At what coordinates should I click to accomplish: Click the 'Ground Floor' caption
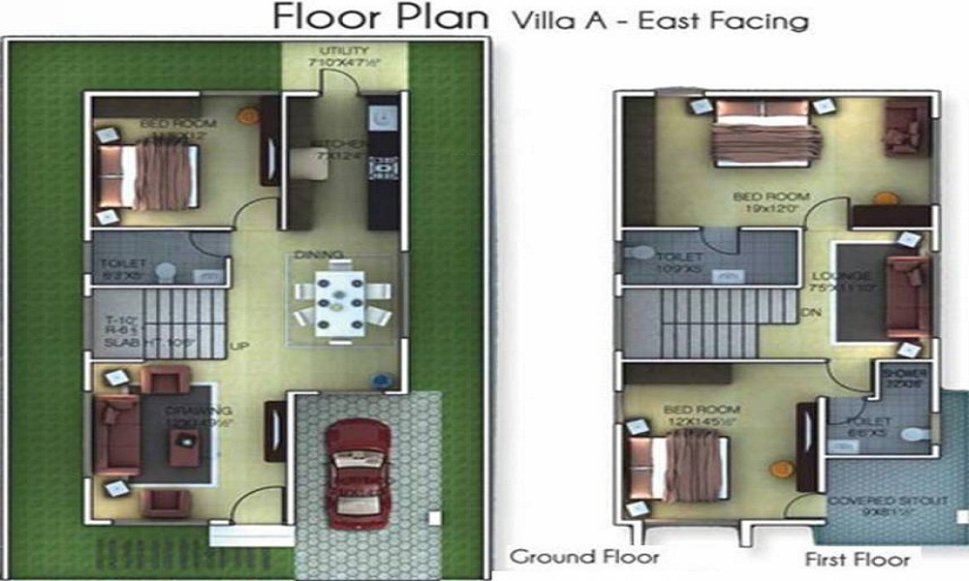(584, 557)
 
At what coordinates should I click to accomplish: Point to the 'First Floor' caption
(857, 559)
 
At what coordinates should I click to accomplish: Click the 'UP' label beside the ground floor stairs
(236, 345)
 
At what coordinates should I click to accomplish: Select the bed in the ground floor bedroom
(151, 176)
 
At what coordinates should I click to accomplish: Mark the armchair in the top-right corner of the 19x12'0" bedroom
(905, 128)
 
